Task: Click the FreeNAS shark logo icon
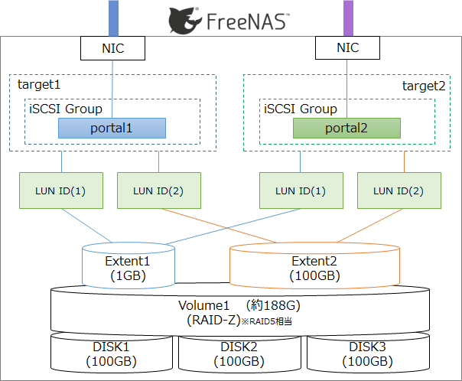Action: pyautogui.click(x=185, y=21)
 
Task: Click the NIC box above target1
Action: pyautogui.click(x=113, y=48)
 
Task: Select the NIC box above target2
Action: pyautogui.click(x=348, y=47)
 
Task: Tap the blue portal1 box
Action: pyautogui.click(x=112, y=129)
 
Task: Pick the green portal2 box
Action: pyautogui.click(x=346, y=129)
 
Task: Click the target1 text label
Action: pyautogui.click(x=39, y=85)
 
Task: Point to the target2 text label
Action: pyautogui.click(x=424, y=86)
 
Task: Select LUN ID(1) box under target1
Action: pyautogui.click(x=61, y=190)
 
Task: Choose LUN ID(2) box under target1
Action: pyautogui.click(x=159, y=190)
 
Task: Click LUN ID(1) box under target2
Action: pyautogui.click(x=301, y=190)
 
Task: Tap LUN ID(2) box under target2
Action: pyautogui.click(x=399, y=190)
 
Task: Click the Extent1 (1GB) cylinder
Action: pyautogui.click(x=129, y=265)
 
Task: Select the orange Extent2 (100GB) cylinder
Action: pyautogui.click(x=314, y=265)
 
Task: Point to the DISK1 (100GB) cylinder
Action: pyautogui.click(x=112, y=353)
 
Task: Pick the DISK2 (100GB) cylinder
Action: pyautogui.click(x=239, y=353)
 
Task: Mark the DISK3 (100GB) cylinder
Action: pyautogui.click(x=368, y=353)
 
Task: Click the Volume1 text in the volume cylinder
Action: pyautogui.click(x=204, y=305)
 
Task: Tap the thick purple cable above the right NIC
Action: pyautogui.click(x=348, y=18)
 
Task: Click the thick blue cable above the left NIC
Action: pyautogui.click(x=113, y=18)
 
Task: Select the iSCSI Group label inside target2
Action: pyautogui.click(x=301, y=109)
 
